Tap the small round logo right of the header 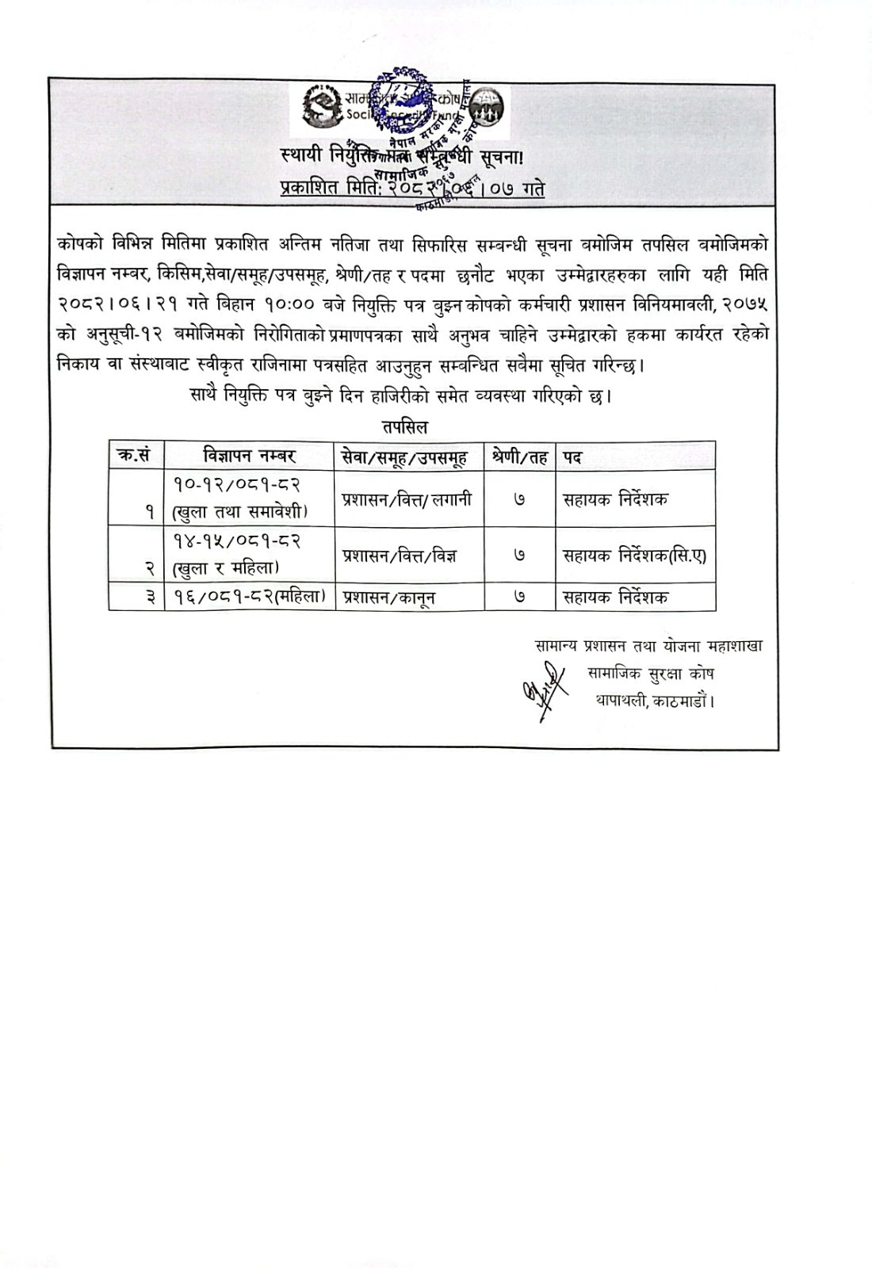[490, 107]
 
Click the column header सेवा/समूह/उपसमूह [403, 456]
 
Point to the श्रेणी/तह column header [519, 456]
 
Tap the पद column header [573, 457]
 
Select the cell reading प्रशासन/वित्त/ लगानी [407, 499]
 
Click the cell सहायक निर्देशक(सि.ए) [633, 556]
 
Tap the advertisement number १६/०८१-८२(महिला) [247, 596]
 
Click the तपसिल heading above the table [404, 427]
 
